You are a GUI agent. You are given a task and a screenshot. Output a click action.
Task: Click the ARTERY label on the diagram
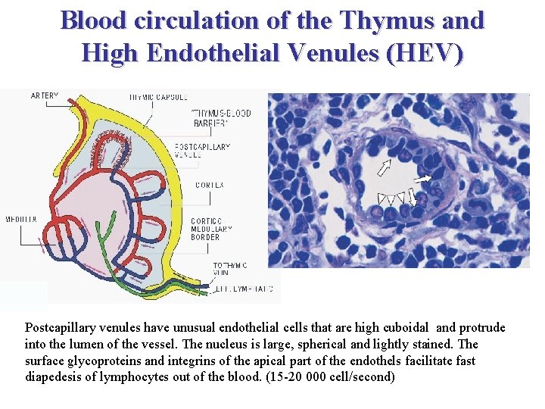[x=44, y=96]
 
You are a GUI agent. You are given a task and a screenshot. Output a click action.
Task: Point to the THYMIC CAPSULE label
[x=158, y=97]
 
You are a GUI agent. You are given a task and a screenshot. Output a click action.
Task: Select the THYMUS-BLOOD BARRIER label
[x=221, y=118]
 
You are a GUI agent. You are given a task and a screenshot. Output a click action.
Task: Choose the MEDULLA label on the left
[x=21, y=219]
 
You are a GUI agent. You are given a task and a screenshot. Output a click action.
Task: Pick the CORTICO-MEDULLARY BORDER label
[x=206, y=229]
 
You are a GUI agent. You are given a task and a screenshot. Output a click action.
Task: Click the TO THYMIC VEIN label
[x=229, y=270]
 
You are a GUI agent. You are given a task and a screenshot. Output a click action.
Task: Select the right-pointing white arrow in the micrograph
[x=423, y=178]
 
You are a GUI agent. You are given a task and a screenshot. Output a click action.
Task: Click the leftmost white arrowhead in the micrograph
[x=380, y=199]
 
